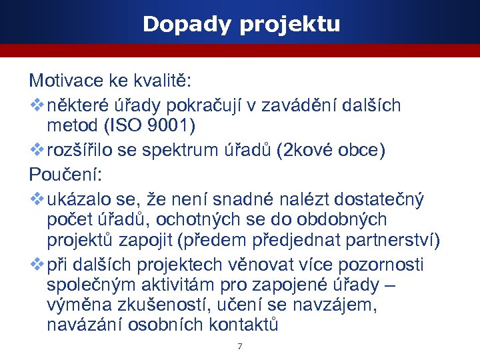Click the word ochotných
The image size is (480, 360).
tap(185, 219)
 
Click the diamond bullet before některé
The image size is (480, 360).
tap(37, 105)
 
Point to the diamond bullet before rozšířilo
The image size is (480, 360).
tap(37, 150)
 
